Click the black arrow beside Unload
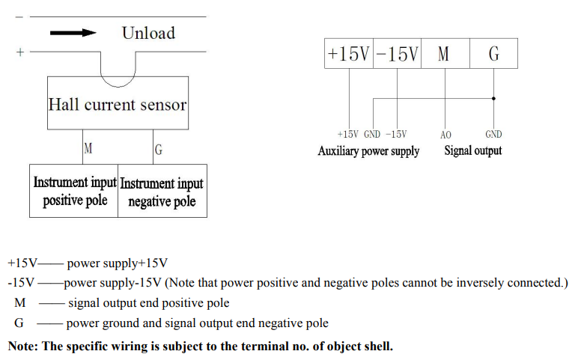pos(74,32)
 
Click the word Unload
pos(148,33)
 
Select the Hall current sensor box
pos(118,104)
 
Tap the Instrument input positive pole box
pos(74,192)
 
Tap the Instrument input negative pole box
pos(162,192)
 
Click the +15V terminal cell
pos(348,55)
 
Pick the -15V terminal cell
pos(397,55)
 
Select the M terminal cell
pos(444,55)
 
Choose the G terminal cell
pos(493,55)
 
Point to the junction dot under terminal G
pos(493,97)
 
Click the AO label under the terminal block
pos(445,135)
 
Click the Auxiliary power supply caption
pos(368,151)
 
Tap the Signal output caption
pos(472,151)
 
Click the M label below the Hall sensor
pos(88,149)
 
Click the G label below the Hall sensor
pos(158,150)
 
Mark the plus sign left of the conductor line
pos(19,52)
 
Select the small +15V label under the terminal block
pos(347,135)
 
